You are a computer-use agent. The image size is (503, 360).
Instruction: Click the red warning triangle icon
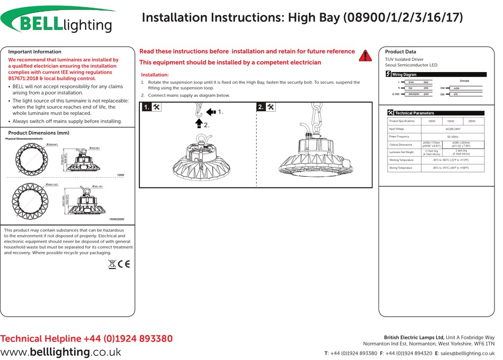click(365, 55)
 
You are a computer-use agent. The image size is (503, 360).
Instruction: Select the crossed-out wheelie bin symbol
click(112, 263)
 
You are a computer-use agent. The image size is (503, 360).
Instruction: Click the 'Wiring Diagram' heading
click(404, 75)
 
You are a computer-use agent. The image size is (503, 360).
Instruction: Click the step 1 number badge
click(147, 107)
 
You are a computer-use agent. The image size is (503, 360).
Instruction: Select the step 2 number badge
click(261, 107)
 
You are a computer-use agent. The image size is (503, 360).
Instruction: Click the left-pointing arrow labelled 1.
click(211, 112)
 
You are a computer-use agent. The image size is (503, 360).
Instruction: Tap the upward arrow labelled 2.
click(199, 123)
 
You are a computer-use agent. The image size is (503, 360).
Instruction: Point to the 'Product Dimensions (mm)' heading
click(39, 133)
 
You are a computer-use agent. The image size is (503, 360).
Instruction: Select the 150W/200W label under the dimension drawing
click(116, 219)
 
